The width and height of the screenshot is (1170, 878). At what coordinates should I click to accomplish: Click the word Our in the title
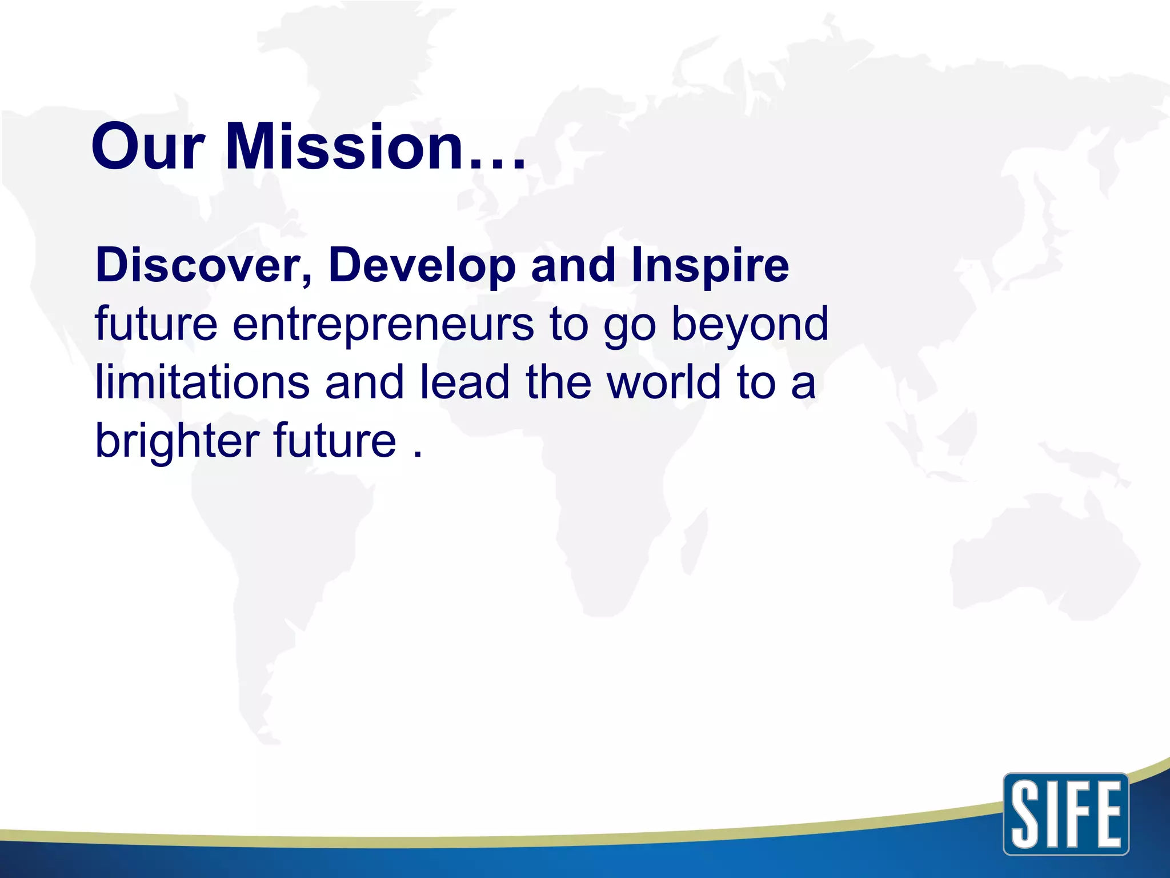click(147, 147)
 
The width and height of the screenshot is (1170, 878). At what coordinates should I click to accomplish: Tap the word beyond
click(750, 324)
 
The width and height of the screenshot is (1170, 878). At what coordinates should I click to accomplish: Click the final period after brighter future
click(418, 455)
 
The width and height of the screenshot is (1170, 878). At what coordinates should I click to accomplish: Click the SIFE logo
click(1065, 814)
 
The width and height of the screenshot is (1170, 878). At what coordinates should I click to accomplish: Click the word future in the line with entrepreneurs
click(156, 324)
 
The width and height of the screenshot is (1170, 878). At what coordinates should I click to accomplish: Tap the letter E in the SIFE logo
click(1107, 814)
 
